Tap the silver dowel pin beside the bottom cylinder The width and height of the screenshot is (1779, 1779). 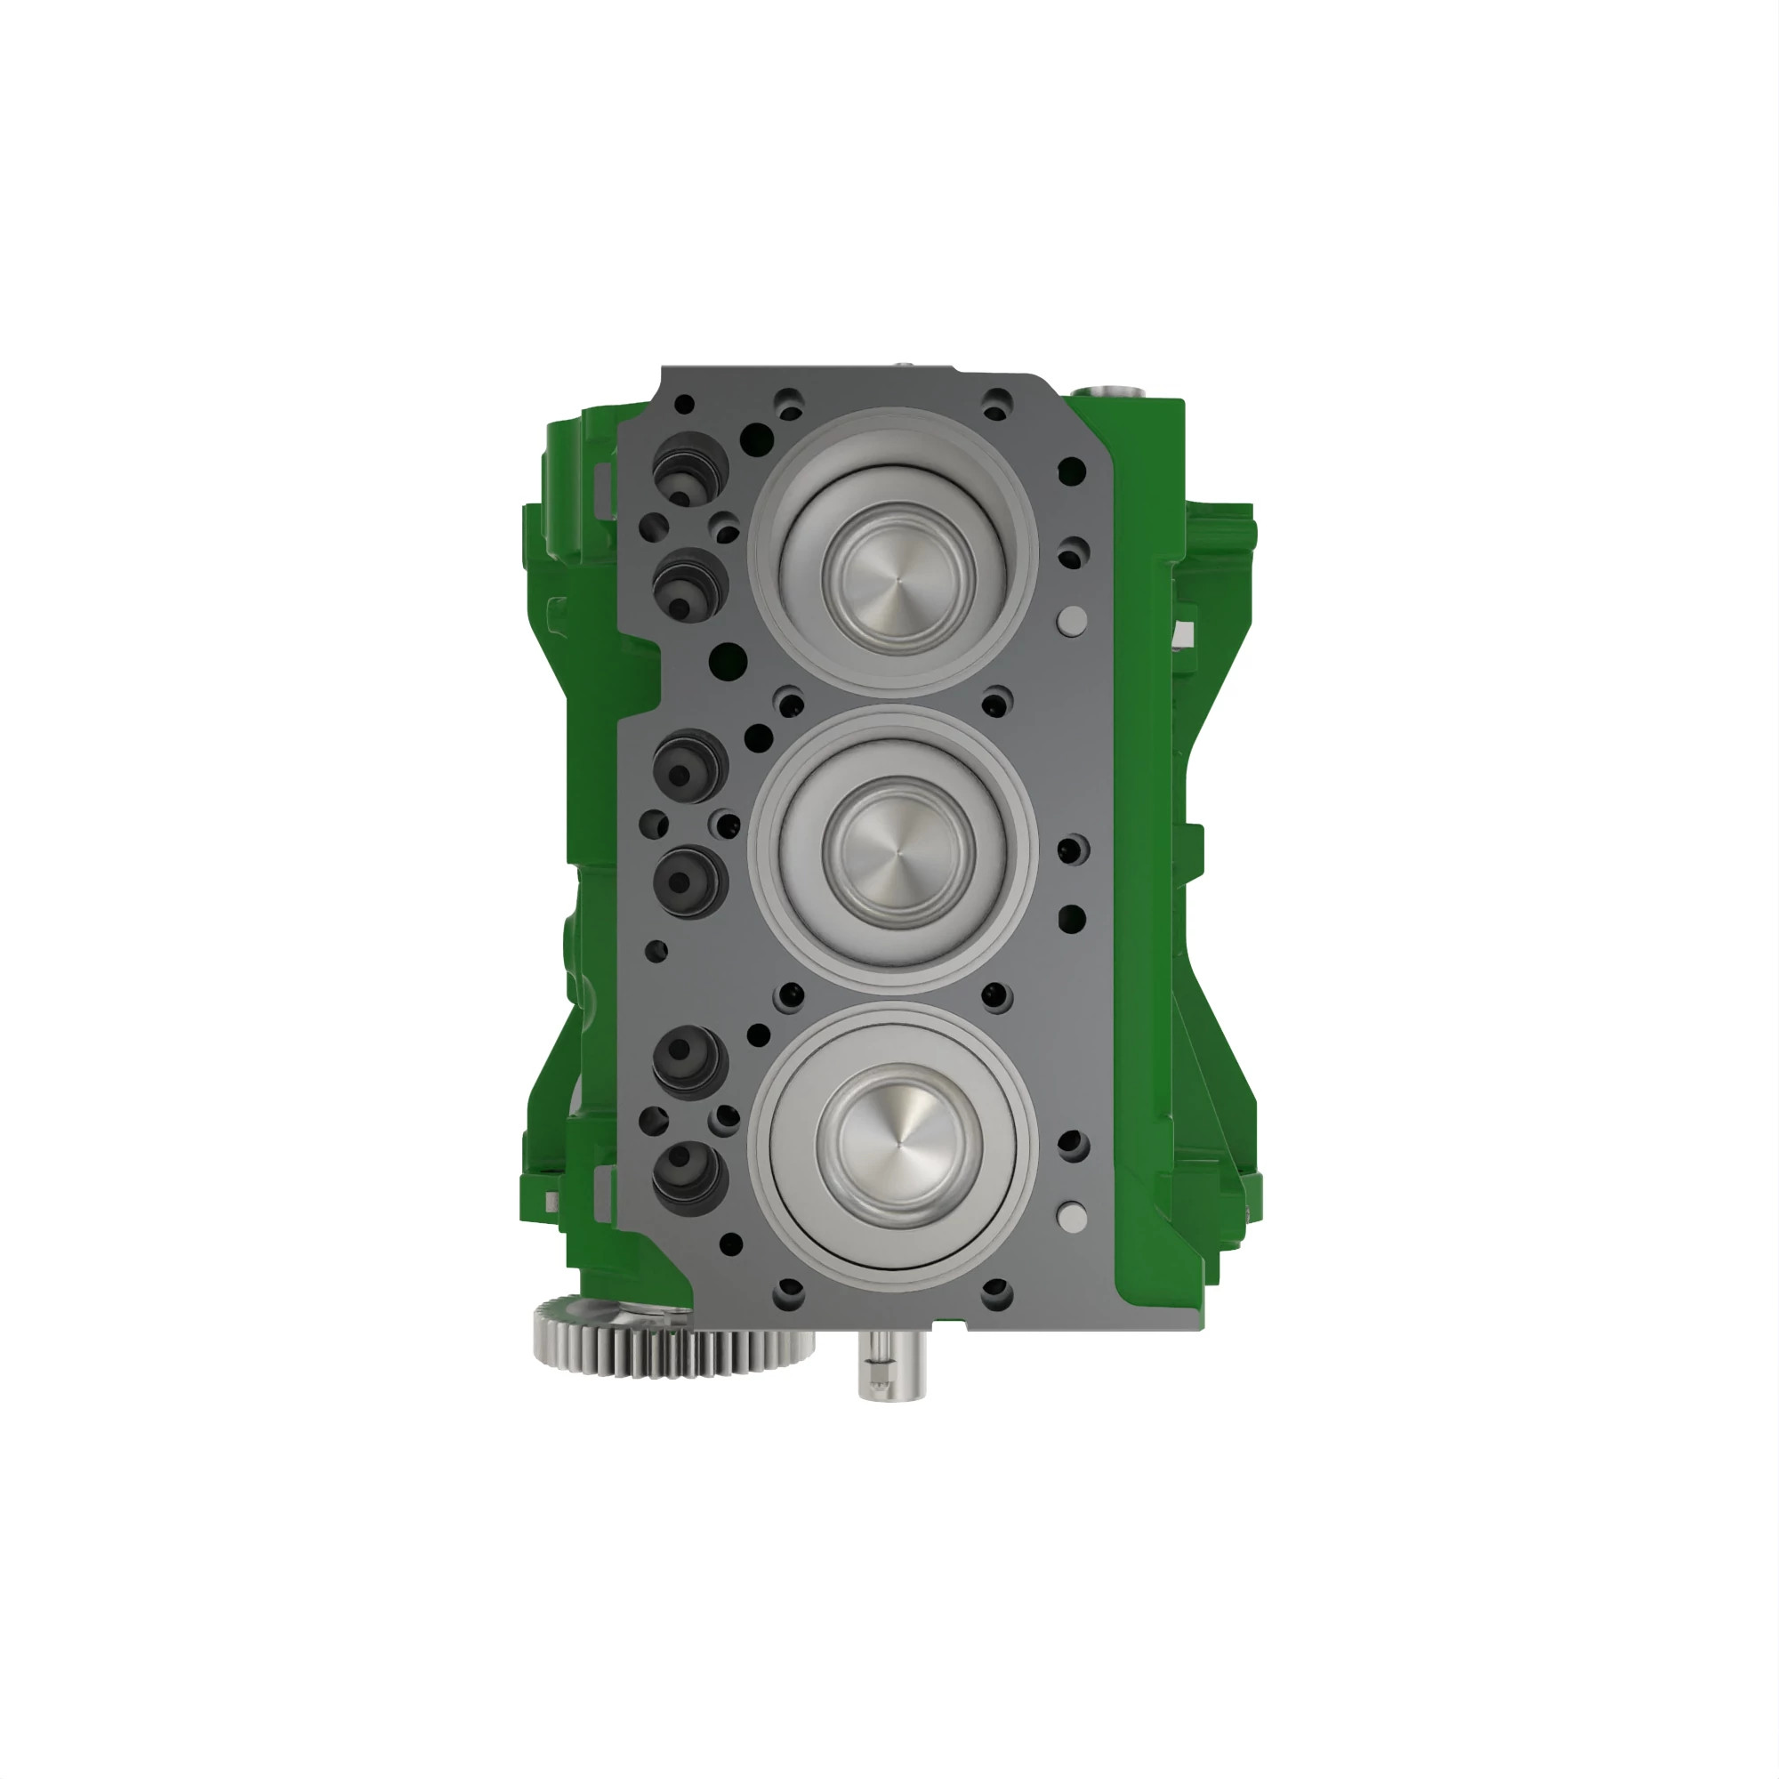(x=1072, y=1216)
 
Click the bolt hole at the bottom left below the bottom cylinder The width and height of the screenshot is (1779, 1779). (x=788, y=1292)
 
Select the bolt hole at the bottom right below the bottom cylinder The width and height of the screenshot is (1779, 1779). (x=996, y=1292)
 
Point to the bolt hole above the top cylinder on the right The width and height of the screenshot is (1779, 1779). (x=996, y=401)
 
